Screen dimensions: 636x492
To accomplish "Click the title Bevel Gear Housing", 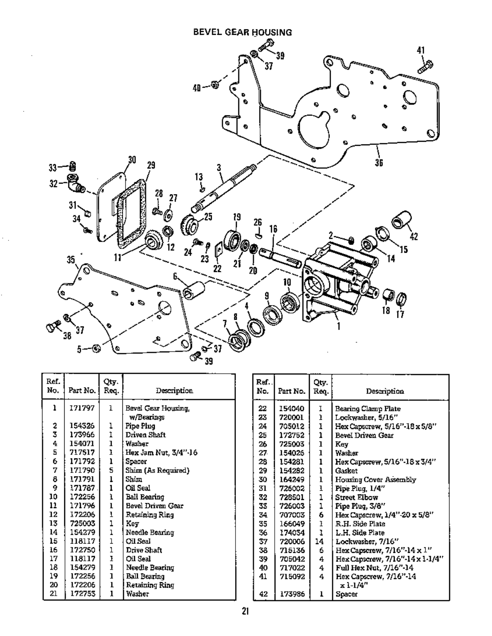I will [x=242, y=32].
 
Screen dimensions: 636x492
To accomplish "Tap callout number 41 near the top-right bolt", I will [x=421, y=50].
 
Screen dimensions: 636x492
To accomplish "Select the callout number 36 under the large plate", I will [x=378, y=162].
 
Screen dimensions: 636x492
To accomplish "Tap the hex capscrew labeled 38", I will [x=53, y=327].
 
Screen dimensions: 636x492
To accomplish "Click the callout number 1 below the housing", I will [x=339, y=326].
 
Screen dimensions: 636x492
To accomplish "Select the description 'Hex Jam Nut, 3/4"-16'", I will [x=161, y=452].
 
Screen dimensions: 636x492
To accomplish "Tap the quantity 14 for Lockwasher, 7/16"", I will [x=319, y=541].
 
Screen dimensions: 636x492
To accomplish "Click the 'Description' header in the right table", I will [x=385, y=391].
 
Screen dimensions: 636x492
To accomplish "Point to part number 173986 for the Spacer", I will [x=291, y=594].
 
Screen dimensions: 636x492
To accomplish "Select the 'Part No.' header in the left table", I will [x=82, y=390].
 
